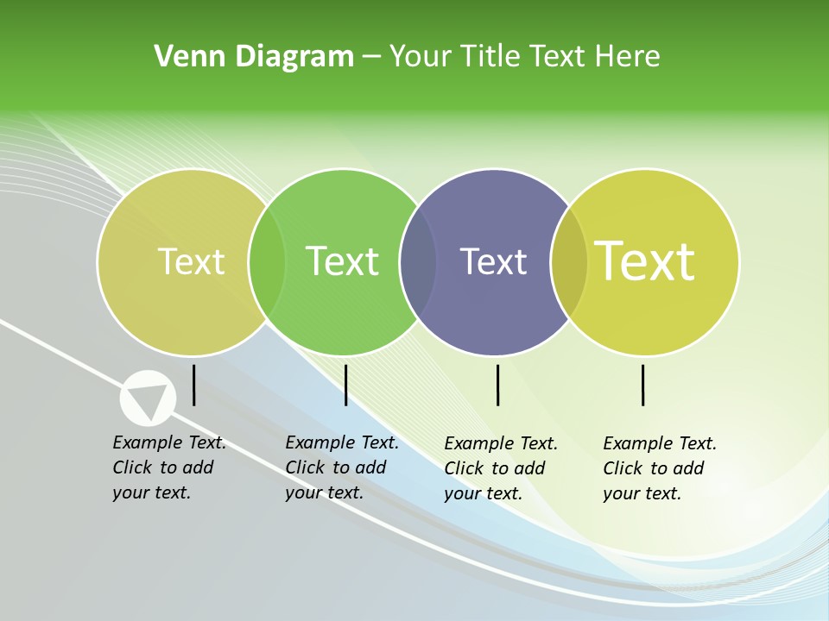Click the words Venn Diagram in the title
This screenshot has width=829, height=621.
pyautogui.click(x=253, y=57)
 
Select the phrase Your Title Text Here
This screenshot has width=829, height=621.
pyautogui.click(x=524, y=57)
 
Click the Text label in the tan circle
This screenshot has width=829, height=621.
pyautogui.click(x=191, y=261)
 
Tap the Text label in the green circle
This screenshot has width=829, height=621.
pyautogui.click(x=342, y=261)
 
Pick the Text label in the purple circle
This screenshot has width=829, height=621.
pyautogui.click(x=493, y=261)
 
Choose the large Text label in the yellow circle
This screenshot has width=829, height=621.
pyautogui.click(x=644, y=260)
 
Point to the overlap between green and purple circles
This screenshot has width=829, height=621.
pyautogui.click(x=418, y=261)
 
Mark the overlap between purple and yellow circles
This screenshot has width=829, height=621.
pyautogui.click(x=569, y=261)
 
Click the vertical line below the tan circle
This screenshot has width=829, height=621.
pyautogui.click(x=193, y=385)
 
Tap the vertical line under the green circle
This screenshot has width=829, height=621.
pyautogui.click(x=345, y=385)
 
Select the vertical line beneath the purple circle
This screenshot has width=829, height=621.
pyautogui.click(x=497, y=385)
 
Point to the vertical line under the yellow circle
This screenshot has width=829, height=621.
pyautogui.click(x=642, y=385)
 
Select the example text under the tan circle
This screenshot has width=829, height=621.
pyautogui.click(x=168, y=467)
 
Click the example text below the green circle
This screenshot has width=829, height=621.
pyautogui.click(x=341, y=467)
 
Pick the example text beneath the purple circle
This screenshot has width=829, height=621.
pyautogui.click(x=500, y=468)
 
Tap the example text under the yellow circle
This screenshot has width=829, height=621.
pyautogui.click(x=659, y=468)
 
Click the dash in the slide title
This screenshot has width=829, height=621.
pyautogui.click(x=371, y=57)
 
